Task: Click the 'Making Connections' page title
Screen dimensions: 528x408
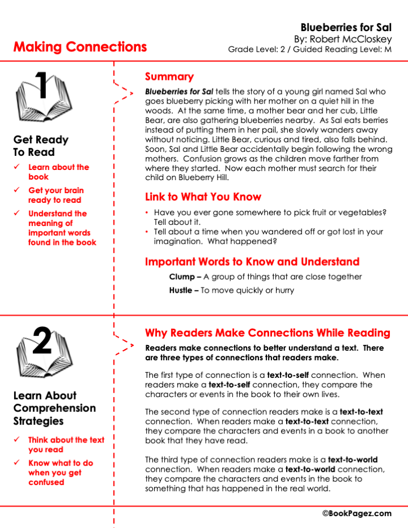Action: click(80, 47)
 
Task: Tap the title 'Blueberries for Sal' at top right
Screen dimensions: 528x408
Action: click(346, 27)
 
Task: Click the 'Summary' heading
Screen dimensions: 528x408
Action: click(169, 77)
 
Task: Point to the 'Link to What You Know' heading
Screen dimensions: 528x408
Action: click(203, 197)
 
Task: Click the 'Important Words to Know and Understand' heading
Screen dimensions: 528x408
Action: click(252, 262)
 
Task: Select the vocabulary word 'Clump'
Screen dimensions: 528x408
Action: click(181, 277)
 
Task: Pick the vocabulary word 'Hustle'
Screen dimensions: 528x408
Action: click(182, 291)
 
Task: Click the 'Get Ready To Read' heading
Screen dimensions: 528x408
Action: click(41, 146)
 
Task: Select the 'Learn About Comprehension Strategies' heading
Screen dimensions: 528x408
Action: click(54, 408)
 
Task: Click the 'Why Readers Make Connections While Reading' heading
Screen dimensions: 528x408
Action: click(267, 333)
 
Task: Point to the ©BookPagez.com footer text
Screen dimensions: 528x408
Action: click(357, 513)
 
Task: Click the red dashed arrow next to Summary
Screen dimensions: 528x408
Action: click(124, 92)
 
